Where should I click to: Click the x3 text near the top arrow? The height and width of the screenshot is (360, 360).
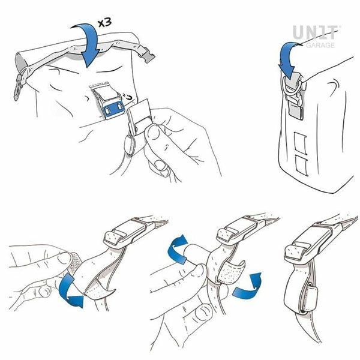(x=105, y=22)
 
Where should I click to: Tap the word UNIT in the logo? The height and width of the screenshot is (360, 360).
(x=317, y=32)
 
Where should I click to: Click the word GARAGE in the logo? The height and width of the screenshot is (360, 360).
(x=320, y=45)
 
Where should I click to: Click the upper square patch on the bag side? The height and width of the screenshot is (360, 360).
(x=301, y=143)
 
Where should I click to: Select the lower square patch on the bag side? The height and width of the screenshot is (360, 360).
(x=301, y=165)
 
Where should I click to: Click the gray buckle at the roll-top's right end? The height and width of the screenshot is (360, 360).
(x=146, y=54)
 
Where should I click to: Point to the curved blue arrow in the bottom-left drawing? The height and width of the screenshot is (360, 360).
(x=70, y=290)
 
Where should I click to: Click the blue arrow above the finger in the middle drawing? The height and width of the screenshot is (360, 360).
(x=178, y=249)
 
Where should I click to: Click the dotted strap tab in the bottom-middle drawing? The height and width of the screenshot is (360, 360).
(x=231, y=272)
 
